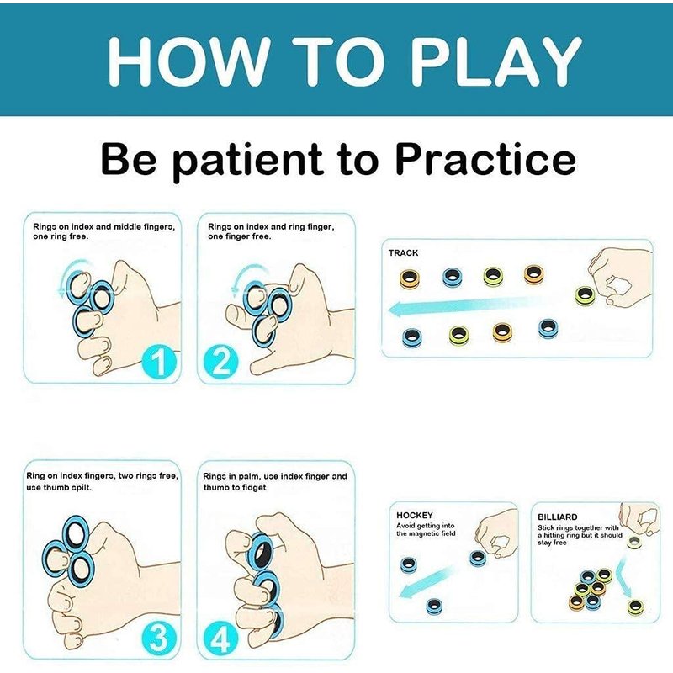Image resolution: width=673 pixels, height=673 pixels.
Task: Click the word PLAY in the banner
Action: (x=496, y=61)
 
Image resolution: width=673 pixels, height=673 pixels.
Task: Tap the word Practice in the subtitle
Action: (x=485, y=159)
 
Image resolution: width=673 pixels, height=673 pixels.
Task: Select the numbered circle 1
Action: (x=159, y=363)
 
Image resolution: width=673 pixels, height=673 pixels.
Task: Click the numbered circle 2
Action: (x=220, y=363)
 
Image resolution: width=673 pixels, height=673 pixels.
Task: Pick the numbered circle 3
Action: (x=159, y=638)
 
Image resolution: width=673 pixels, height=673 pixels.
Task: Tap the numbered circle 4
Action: (x=220, y=639)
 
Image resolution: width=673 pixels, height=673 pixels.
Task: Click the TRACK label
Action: (x=403, y=253)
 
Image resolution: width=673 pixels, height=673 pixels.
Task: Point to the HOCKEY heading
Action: (x=414, y=515)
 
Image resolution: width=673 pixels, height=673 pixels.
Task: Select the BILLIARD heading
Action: (x=557, y=517)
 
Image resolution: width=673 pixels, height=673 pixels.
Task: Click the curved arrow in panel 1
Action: (x=69, y=275)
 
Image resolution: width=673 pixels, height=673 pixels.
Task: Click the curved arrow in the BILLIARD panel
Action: (x=623, y=580)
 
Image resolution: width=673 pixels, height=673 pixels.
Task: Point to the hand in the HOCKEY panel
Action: (x=496, y=535)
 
